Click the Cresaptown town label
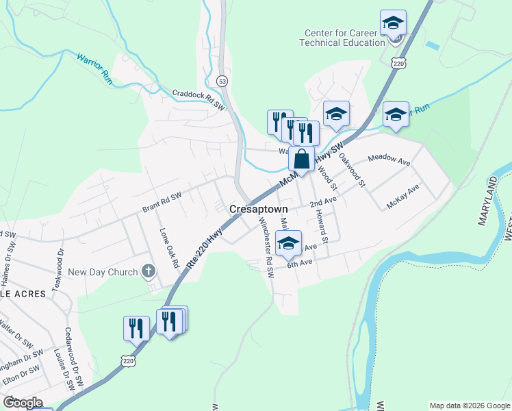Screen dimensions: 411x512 click(258, 208)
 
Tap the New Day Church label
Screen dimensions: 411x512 click(103, 272)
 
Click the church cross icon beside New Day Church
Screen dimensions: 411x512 click(147, 272)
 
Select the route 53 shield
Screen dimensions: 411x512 click(222, 81)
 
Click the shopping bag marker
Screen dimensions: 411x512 click(301, 159)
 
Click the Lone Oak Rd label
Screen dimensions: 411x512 click(168, 248)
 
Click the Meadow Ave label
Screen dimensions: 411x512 click(389, 159)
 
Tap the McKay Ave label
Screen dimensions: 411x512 click(402, 197)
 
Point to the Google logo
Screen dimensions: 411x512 click(23, 403)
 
